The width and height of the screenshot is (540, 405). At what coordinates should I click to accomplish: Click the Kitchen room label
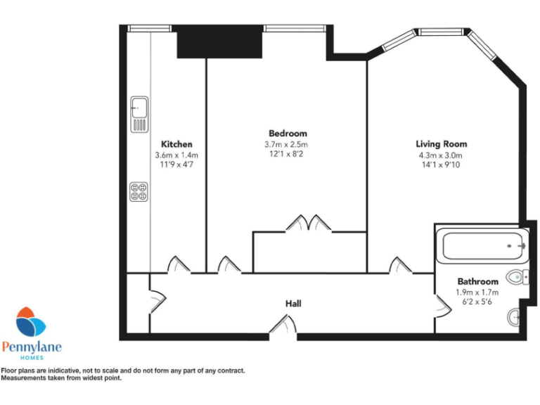coord(176,144)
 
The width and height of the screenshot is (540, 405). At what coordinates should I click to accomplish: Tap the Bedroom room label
coord(288,134)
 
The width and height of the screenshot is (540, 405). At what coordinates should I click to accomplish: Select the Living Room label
coord(441,144)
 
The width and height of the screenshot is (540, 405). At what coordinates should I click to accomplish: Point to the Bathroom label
coord(477,281)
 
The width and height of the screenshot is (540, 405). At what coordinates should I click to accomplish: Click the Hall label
coord(293,304)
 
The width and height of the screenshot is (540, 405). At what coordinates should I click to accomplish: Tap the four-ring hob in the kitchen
coord(139,191)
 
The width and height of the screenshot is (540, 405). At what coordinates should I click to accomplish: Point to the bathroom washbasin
coord(515,318)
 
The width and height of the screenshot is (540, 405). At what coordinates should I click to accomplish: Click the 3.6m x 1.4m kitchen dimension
coord(176,155)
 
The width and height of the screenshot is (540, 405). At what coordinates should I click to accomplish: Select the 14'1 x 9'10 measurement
coord(441,166)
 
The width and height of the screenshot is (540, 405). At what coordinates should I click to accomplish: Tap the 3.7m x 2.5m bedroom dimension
coord(288,145)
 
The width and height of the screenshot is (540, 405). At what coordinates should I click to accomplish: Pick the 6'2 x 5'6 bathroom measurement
coord(477,302)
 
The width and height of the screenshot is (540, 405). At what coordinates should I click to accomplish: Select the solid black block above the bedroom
coord(219,42)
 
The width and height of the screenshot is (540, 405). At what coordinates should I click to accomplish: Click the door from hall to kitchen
coord(176,265)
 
